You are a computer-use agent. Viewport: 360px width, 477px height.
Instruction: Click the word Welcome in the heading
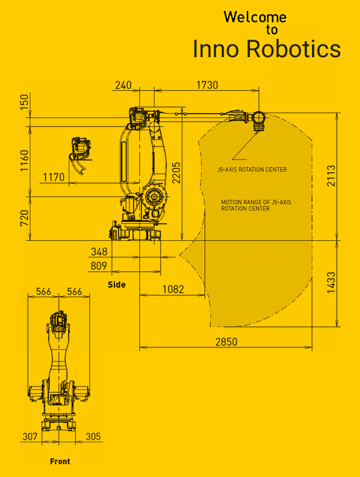point(255,17)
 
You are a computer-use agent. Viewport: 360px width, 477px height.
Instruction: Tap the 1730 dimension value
point(207,85)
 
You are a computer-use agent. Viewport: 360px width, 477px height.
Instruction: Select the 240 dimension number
point(123,85)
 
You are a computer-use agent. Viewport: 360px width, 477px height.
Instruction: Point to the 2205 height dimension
point(176,173)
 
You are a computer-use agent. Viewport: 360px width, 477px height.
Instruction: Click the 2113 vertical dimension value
point(331,175)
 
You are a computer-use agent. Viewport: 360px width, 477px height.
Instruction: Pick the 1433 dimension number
point(331,282)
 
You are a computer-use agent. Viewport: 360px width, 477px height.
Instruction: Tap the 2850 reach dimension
point(226,342)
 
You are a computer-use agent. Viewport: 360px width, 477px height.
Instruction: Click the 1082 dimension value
point(173,289)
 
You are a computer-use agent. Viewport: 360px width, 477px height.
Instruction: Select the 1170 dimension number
point(54,177)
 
